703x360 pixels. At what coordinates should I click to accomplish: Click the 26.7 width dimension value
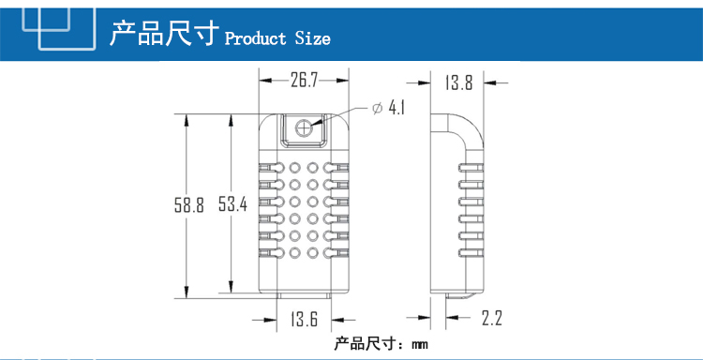click(x=304, y=81)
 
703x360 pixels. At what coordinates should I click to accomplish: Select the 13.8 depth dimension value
click(x=458, y=82)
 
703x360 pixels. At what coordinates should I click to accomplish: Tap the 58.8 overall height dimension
click(x=189, y=205)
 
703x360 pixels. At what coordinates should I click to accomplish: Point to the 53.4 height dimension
click(x=232, y=204)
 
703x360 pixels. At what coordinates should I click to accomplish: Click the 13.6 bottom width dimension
click(x=304, y=320)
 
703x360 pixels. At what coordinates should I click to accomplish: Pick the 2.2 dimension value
click(x=492, y=318)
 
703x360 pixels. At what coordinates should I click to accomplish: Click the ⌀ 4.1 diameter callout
click(x=389, y=108)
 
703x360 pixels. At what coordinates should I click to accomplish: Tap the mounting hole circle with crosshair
click(x=304, y=127)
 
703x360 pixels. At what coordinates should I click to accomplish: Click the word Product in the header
click(x=256, y=38)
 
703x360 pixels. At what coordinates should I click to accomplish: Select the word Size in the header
click(x=312, y=38)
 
